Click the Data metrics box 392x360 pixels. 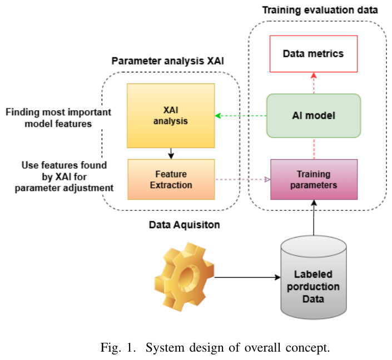coord(313,54)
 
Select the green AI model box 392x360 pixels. coord(314,116)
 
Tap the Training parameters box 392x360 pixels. coord(314,180)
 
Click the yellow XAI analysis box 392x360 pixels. coord(171,115)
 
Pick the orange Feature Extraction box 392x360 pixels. coord(171,179)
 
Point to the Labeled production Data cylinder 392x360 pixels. coord(313,282)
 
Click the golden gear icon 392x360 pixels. coord(183,277)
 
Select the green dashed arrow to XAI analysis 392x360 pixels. coord(241,116)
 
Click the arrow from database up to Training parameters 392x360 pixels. coord(313,218)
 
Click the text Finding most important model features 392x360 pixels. coord(58,118)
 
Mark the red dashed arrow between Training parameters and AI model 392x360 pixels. coord(313,148)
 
